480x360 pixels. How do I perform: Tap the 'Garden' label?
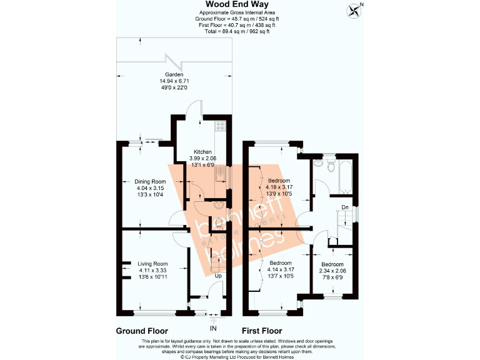[174, 74]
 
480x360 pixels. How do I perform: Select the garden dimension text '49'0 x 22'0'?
[174, 88]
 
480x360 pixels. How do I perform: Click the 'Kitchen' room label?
[202, 152]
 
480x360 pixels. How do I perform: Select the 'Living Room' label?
[152, 264]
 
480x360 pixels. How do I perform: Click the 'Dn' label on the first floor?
[344, 207]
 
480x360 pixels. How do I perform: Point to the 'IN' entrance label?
[212, 327]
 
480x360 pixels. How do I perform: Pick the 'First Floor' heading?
[262, 331]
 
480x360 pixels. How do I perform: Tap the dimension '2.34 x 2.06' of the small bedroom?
[332, 270]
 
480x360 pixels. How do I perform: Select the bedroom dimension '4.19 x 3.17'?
[281, 187]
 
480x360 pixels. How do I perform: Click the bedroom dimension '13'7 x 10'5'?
[280, 276]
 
